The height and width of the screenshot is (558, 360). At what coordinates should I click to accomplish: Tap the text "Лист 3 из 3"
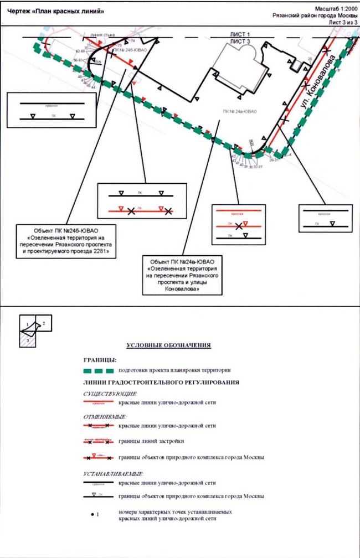(340, 23)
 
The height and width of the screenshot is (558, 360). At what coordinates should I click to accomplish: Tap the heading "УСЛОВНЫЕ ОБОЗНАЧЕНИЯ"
(169, 345)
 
